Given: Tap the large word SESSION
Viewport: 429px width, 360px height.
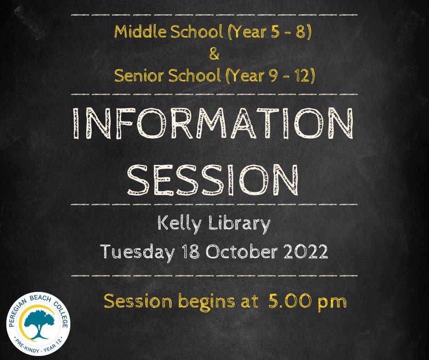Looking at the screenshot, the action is tap(213, 180).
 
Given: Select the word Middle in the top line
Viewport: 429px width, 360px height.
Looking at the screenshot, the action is tap(141, 32).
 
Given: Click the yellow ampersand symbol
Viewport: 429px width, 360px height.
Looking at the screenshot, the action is tap(214, 54).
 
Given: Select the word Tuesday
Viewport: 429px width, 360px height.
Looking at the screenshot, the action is tap(137, 252).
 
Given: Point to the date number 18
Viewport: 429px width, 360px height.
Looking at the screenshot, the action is tap(191, 251).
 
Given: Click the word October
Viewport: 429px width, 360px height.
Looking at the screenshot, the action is tap(241, 251).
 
